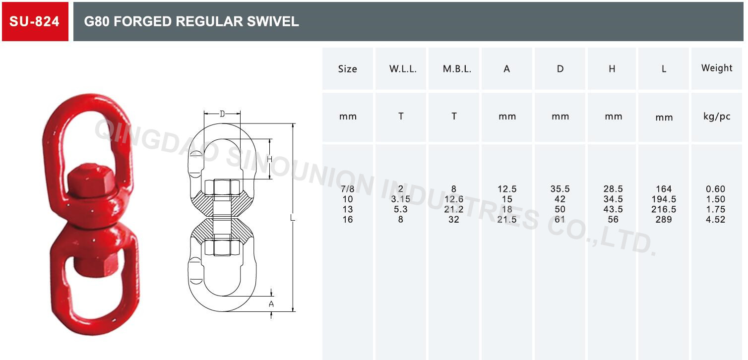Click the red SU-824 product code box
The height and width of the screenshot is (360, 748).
(x=35, y=21)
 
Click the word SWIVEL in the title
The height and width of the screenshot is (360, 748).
(x=275, y=21)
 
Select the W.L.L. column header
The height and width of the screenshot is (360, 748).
(x=403, y=69)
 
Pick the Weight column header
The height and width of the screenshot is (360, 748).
(x=717, y=68)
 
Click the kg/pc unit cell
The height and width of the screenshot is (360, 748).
(x=717, y=117)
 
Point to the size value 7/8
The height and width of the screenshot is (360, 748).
(x=348, y=189)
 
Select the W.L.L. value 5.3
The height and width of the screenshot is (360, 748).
(x=401, y=209)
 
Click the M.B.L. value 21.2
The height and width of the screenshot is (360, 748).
(x=454, y=209)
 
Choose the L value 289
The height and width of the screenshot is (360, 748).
(x=664, y=219)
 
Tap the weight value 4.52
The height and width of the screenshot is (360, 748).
(x=715, y=219)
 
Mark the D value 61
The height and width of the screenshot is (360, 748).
(x=560, y=219)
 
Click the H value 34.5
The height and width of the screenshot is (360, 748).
(x=613, y=199)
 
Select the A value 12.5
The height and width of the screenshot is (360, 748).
(x=507, y=189)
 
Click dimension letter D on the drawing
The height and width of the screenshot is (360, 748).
(x=222, y=114)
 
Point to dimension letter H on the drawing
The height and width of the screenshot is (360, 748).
(x=269, y=160)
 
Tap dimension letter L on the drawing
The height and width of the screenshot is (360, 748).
(x=293, y=218)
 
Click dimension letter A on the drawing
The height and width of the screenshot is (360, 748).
(x=271, y=304)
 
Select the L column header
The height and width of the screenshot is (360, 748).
(x=664, y=69)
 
